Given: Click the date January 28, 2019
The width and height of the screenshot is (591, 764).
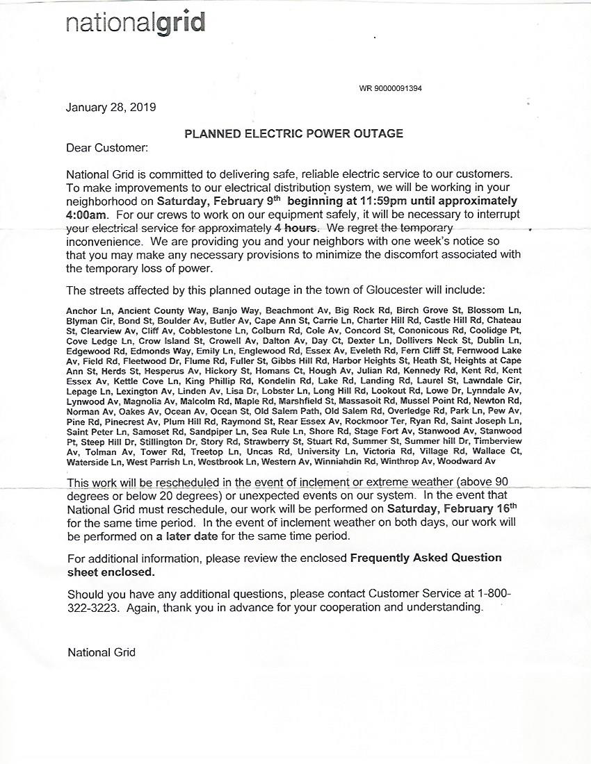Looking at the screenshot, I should point(111,108).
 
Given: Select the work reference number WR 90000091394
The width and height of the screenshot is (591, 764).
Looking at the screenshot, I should point(390,89).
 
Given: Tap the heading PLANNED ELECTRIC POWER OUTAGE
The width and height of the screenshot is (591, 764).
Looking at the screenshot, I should point(293,133).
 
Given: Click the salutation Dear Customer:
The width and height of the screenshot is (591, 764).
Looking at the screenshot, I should point(106,148).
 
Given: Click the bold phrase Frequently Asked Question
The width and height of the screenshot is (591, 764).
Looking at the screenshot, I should point(426,558).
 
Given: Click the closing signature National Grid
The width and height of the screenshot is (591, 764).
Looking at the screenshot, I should point(102,652).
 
